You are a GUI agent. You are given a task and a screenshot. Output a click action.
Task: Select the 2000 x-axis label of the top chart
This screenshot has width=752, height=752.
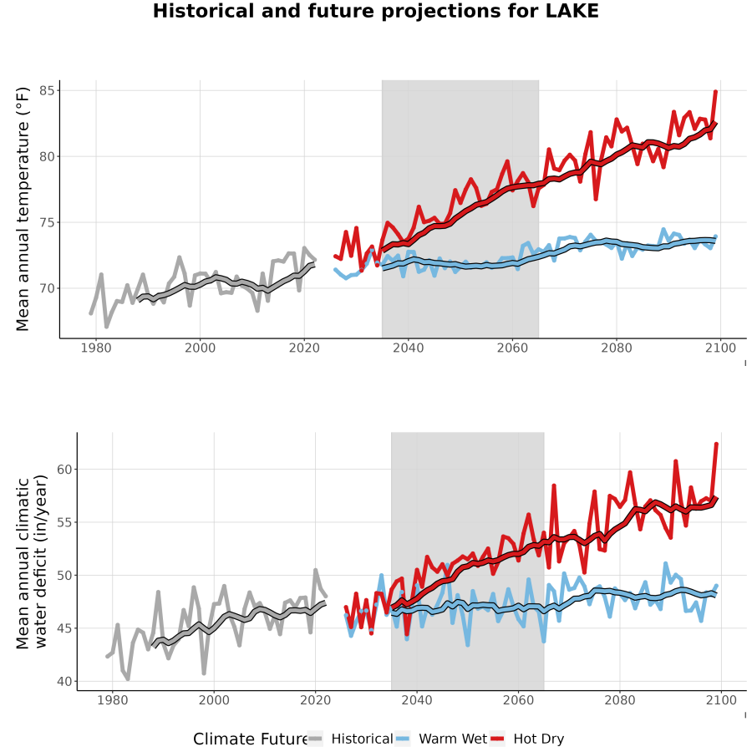coord(200,348)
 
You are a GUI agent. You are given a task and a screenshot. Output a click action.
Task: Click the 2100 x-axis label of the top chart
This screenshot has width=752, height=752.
coord(720,348)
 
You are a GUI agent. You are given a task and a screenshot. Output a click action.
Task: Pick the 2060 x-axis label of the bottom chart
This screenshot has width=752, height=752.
coord(518,701)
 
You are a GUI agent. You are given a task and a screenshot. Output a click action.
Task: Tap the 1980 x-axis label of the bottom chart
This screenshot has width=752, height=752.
coord(113,701)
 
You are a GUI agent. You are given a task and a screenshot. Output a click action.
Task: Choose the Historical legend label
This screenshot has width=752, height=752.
coord(362,739)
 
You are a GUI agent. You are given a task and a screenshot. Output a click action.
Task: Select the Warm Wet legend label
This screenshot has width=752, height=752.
coord(453,739)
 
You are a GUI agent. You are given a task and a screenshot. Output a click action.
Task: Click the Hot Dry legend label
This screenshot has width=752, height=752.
coord(539,739)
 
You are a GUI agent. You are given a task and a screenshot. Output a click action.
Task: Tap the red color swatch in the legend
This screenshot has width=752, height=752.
coord(497,739)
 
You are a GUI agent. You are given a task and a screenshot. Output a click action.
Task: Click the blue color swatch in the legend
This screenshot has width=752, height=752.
coord(403,739)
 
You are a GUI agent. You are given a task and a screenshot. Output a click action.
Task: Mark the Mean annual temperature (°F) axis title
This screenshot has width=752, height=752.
coord(23,209)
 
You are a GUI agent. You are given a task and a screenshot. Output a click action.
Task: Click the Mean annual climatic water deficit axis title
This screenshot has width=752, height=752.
coord(32,561)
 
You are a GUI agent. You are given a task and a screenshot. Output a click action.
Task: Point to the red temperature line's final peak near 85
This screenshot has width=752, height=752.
coord(715,91)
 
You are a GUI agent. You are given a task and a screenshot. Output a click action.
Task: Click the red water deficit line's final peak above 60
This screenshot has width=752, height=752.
coord(717,445)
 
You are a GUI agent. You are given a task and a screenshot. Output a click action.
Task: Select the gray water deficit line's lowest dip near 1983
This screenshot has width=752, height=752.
coord(128,679)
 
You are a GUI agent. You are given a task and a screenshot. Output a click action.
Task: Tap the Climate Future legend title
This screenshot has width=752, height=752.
coord(251,739)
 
